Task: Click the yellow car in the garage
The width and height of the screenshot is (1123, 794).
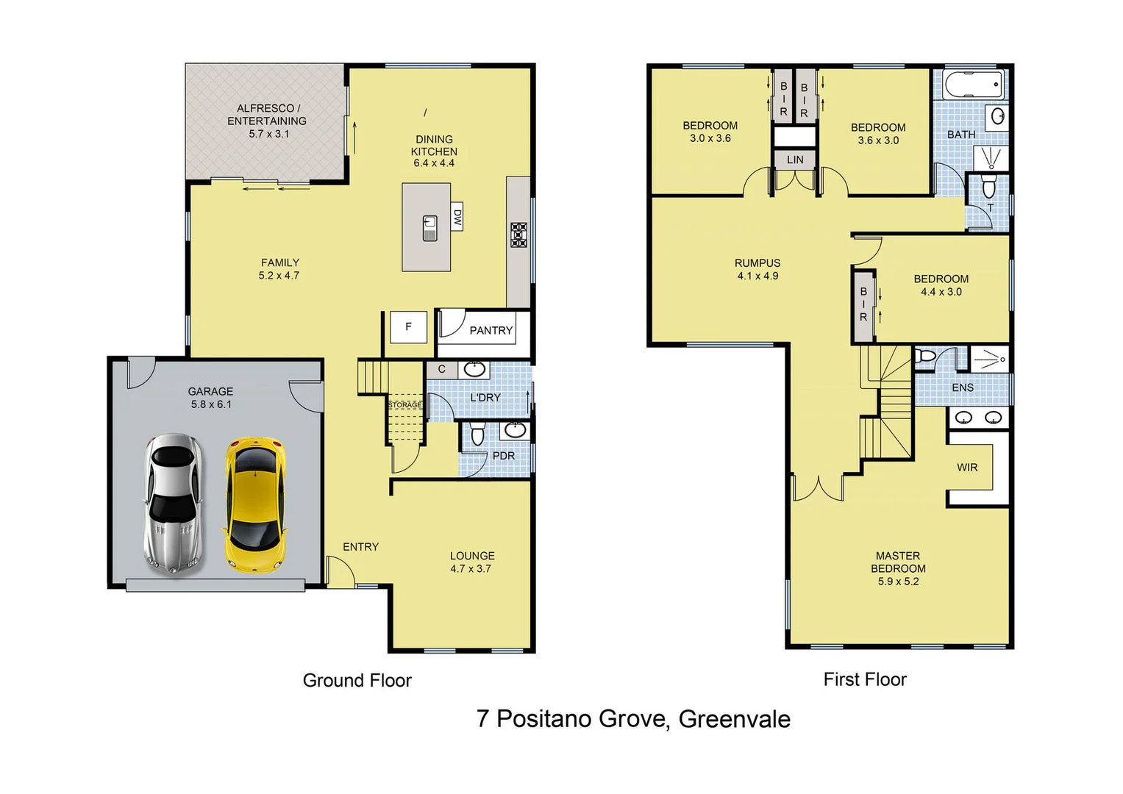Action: (x=254, y=504)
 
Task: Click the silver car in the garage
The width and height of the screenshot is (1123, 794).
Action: (x=173, y=503)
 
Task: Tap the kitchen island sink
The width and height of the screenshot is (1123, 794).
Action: (x=430, y=228)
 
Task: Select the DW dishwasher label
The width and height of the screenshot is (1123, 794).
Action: (x=457, y=217)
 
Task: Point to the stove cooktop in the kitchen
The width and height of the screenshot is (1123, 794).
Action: (x=518, y=235)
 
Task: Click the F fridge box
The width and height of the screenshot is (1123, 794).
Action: (x=408, y=327)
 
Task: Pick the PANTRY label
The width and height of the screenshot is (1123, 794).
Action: (x=491, y=331)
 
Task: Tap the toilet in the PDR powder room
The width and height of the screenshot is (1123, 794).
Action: (x=477, y=434)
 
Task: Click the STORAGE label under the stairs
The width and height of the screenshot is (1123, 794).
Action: (x=404, y=405)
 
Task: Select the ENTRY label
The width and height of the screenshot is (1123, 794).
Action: (x=360, y=547)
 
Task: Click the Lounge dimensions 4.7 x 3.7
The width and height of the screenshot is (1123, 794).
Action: (x=471, y=568)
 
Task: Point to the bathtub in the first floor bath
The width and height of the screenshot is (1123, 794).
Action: (x=973, y=85)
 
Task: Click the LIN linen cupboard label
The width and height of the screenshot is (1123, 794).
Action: (x=795, y=160)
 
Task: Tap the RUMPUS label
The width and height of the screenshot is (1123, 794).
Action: (x=757, y=263)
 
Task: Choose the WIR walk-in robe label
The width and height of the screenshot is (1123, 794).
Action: (x=967, y=468)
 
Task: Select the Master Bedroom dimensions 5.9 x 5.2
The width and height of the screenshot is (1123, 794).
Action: (x=898, y=582)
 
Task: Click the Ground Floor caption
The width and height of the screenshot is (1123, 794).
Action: (x=357, y=681)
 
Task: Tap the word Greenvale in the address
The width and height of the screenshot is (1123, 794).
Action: (x=734, y=719)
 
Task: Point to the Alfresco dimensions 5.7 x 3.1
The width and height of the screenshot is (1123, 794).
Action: (x=268, y=134)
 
